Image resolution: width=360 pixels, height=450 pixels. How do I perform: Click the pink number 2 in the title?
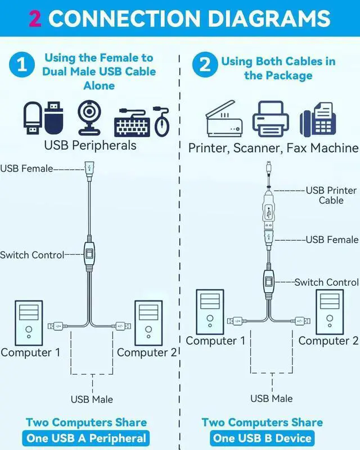pyautogui.click(x=34, y=18)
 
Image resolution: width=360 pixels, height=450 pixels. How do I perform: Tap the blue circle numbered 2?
pyautogui.click(x=204, y=66)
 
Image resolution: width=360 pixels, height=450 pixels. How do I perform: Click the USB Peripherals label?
pyautogui.click(x=90, y=145)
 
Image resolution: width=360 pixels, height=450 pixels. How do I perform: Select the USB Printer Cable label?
pyautogui.click(x=331, y=195)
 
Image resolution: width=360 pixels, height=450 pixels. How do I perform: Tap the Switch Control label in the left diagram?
pyautogui.click(x=32, y=255)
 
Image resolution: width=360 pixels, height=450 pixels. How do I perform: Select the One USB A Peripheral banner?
pyautogui.click(x=86, y=438)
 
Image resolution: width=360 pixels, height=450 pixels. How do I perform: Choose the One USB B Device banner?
pyautogui.click(x=262, y=438)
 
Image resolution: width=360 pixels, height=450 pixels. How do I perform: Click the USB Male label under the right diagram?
pyautogui.click(x=272, y=398)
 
